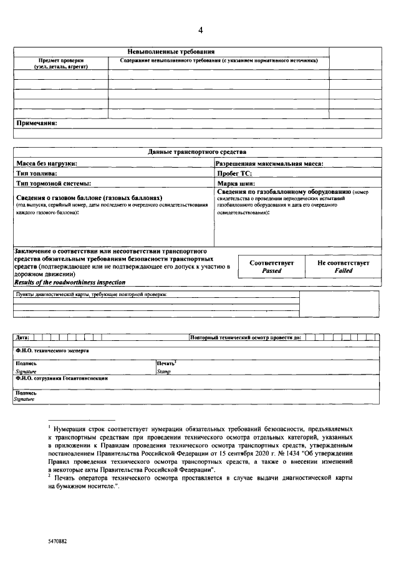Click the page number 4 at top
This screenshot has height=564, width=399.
pos(200,31)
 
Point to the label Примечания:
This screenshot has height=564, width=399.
pos(36,123)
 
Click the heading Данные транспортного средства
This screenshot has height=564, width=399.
pos(197,151)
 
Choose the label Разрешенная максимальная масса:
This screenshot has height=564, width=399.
pos(269,163)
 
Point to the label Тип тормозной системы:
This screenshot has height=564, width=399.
pos(54,183)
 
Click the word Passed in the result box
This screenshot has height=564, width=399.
pos(271,271)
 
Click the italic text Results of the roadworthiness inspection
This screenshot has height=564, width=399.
pos(70,282)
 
